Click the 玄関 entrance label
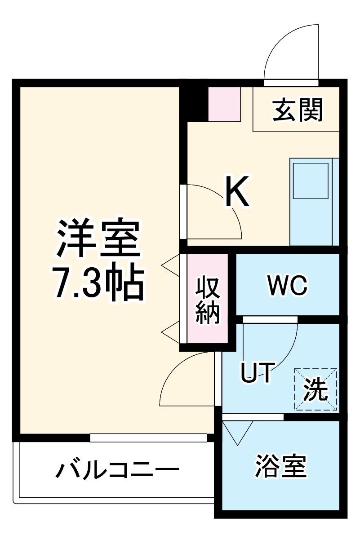(298, 110)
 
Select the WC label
(287, 284)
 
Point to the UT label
(256, 373)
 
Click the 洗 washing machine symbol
(315, 389)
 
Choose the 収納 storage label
(208, 300)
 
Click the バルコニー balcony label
(117, 471)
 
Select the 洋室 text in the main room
(98, 238)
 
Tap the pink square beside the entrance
(224, 104)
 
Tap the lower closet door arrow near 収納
(171, 333)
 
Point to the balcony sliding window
(148, 437)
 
